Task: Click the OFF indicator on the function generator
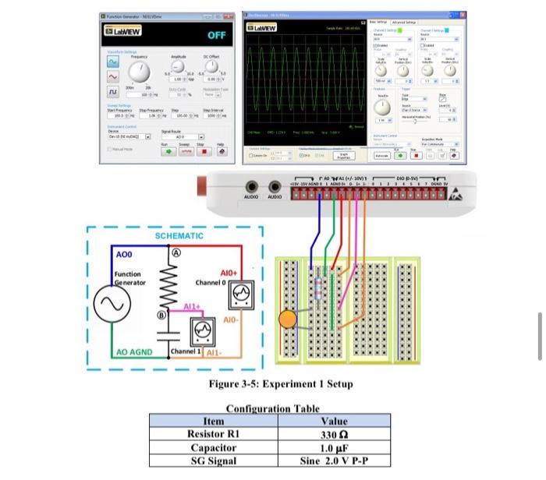tap(216, 36)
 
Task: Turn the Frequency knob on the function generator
tap(139, 72)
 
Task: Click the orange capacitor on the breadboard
tap(288, 318)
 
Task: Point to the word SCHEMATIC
tap(179, 235)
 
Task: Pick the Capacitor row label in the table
tap(213, 447)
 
